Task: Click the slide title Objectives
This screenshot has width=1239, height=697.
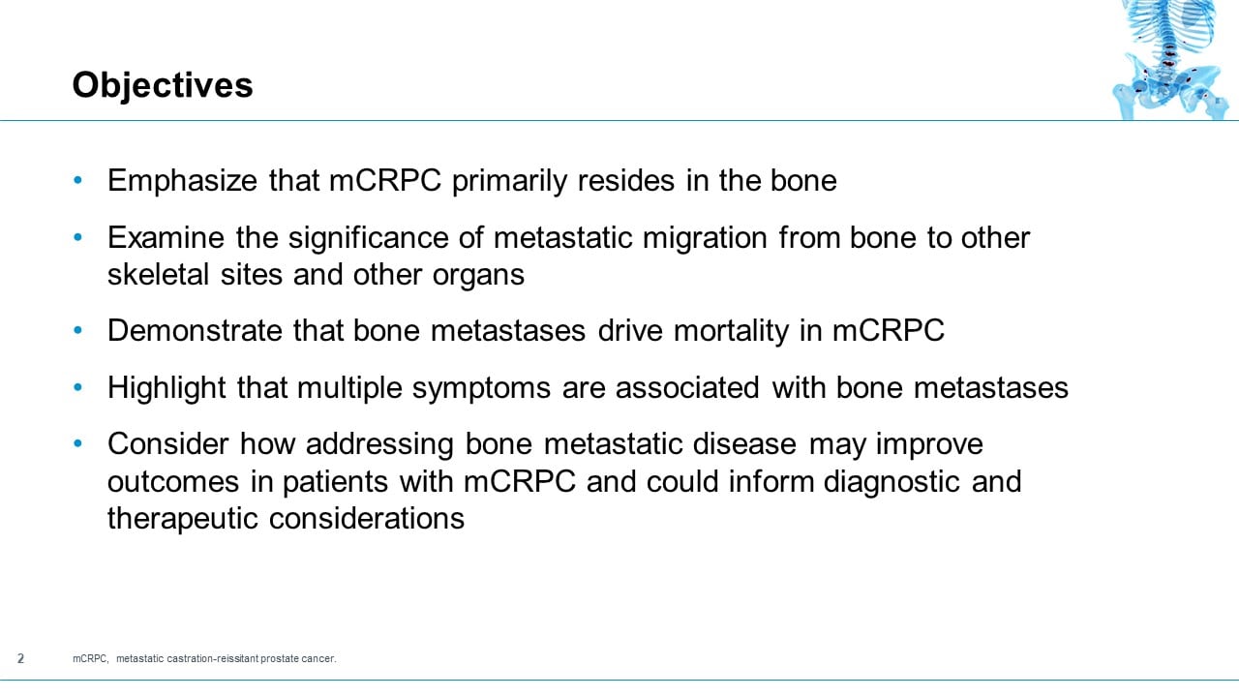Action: coord(163,86)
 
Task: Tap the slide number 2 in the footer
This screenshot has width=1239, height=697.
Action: coord(20,659)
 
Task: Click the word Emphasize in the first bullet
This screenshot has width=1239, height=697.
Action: coord(183,181)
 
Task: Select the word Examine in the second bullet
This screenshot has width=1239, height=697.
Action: coord(166,237)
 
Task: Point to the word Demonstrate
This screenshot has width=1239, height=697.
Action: coord(196,331)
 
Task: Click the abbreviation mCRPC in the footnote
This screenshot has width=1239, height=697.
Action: coord(91,659)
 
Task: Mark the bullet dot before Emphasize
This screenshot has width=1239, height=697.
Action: coord(78,181)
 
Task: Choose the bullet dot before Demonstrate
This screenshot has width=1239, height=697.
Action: coord(78,331)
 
